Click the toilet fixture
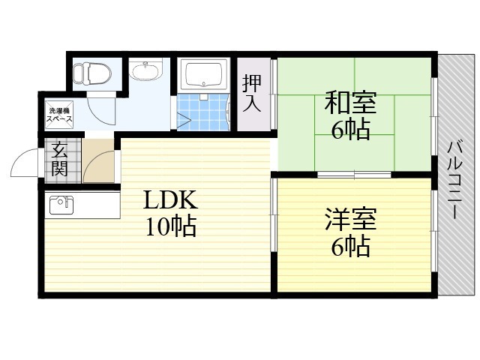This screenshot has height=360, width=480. click(92, 73)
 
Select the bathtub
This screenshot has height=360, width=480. click(203, 75)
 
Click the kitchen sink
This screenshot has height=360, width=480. click(61, 205)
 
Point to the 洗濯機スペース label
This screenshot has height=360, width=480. click(59, 115)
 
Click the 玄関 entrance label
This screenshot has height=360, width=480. click(59, 159)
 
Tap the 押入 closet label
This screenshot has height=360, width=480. click(252, 93)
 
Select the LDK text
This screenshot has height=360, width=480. click(170, 200)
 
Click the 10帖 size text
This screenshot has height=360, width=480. click(170, 226)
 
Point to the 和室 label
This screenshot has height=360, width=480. click(350, 103)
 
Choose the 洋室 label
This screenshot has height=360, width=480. click(350, 219)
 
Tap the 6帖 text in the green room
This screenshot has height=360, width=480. click(350, 130)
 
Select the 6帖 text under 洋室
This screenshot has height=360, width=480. click(350, 246)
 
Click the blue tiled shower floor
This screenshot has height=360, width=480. click(202, 112)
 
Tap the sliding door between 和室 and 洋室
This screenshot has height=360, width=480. click(354, 175)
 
